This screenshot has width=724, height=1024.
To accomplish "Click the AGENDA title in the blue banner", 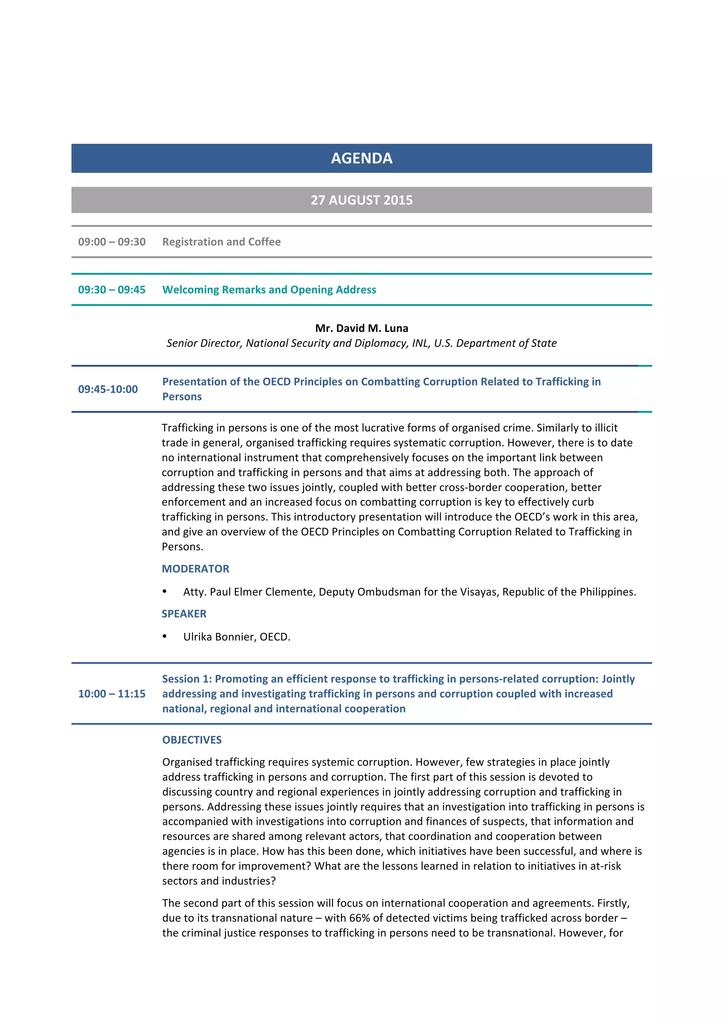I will [362, 158].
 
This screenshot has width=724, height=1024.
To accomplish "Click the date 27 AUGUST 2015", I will [362, 200].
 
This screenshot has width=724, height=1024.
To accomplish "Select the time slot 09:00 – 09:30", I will [112, 242].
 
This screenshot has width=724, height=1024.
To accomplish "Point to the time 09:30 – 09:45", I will [112, 290].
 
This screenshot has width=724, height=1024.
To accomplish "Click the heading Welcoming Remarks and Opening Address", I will [269, 290].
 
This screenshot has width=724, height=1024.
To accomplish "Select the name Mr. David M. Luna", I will [362, 328].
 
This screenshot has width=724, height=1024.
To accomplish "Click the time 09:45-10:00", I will [108, 389].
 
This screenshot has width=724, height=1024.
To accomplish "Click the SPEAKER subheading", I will [184, 614].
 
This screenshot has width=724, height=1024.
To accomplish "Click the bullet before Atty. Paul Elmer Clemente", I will [164, 592].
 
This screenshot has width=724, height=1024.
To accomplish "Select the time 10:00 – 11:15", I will [112, 693].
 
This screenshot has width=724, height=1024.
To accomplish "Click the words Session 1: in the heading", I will [187, 679].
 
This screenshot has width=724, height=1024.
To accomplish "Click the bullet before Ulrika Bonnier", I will [164, 636].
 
